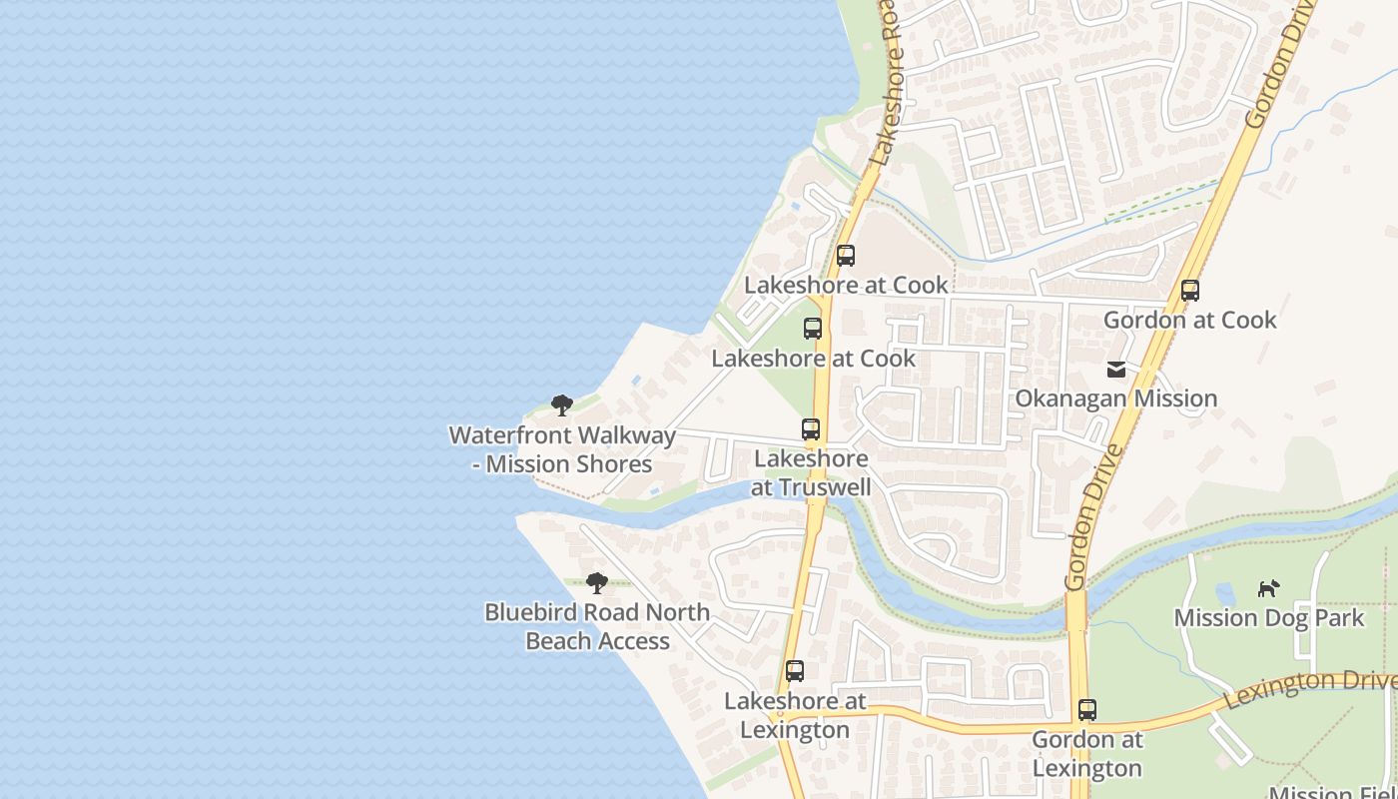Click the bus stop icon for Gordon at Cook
click(x=1189, y=291)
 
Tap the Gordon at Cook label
click(x=1189, y=320)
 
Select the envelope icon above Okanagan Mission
click(x=1116, y=370)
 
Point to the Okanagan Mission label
click(x=1115, y=399)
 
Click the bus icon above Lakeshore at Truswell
click(x=811, y=429)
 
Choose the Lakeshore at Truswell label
click(x=811, y=473)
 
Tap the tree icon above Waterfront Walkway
click(x=562, y=405)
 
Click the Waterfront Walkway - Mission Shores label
click(x=562, y=449)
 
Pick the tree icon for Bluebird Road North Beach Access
click(x=597, y=583)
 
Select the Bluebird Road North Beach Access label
click(x=597, y=626)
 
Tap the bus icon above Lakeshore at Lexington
click(x=795, y=671)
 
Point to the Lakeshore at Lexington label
click(x=795, y=715)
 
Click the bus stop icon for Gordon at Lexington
click(x=1087, y=710)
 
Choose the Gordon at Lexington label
click(x=1086, y=754)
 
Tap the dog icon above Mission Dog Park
click(x=1268, y=588)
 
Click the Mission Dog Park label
click(x=1268, y=618)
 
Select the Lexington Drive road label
click(x=1308, y=687)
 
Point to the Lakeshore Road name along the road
click(x=887, y=90)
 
